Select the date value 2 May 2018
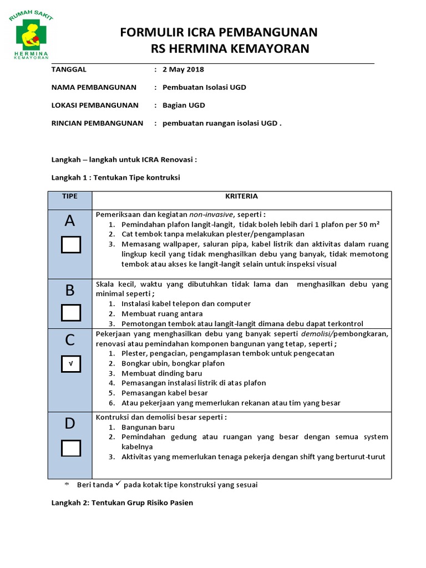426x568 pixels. click(183, 69)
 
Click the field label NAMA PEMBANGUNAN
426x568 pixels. click(94, 87)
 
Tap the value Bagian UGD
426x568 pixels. click(184, 105)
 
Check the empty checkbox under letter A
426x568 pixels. click(70, 245)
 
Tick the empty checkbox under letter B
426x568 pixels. click(70, 313)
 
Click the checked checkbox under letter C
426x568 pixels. click(70, 364)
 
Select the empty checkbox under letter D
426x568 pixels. click(70, 448)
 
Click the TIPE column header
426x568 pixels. click(70, 196)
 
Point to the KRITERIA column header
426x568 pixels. click(241, 196)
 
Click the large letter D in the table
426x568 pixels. click(70, 424)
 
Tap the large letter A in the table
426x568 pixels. click(70, 221)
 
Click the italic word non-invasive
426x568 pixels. click(210, 214)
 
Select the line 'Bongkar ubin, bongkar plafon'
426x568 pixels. click(173, 363)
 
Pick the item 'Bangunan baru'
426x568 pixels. click(148, 427)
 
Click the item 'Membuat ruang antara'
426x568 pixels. click(161, 313)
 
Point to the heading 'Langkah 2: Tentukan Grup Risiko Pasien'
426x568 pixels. click(122, 503)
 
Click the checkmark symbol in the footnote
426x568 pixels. click(118, 484)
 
